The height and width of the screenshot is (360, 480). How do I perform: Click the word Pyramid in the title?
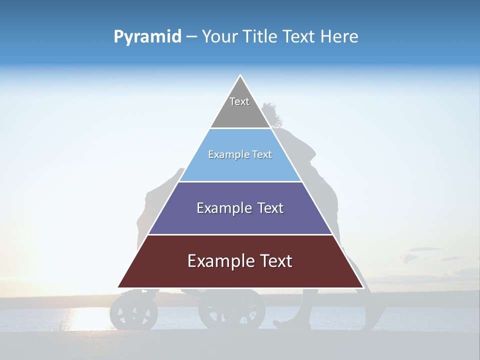[x=147, y=37]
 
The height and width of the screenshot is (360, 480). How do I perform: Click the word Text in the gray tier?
[x=239, y=101]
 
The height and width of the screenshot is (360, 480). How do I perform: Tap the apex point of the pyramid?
[x=240, y=76]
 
